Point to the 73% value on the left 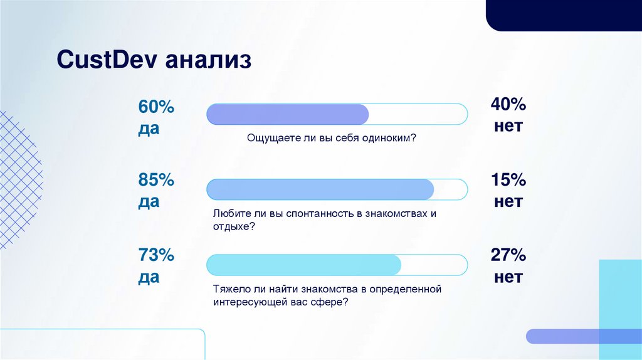(x=156, y=255)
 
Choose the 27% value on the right (x=508, y=255)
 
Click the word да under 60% (x=149, y=129)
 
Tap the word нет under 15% (x=508, y=202)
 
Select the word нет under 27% (x=508, y=277)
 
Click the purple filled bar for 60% (x=288, y=114)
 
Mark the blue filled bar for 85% (x=320, y=189)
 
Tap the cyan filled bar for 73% (x=303, y=265)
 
